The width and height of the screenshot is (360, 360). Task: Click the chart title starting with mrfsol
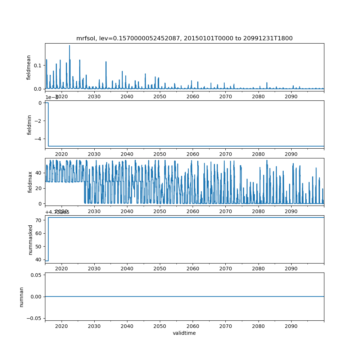coord(184,39)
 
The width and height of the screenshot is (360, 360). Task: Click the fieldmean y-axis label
coord(29,67)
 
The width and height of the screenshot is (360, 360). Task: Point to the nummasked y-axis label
coord(30,239)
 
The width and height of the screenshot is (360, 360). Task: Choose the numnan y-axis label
coord(22,297)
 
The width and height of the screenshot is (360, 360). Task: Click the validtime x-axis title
coord(184,333)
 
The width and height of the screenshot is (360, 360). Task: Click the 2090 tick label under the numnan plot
coord(291,326)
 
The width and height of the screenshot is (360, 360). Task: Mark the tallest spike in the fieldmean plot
coord(69,46)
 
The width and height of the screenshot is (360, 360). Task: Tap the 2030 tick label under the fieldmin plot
coord(94,154)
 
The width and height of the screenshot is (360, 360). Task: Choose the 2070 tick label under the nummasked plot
coord(225,269)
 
